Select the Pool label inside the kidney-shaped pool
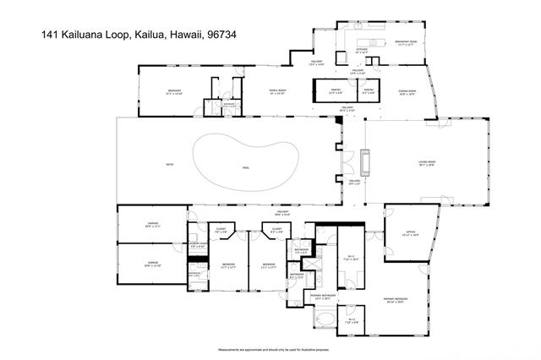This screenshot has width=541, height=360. point(246,168)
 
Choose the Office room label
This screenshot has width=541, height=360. point(410,234)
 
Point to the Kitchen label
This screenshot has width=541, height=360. point(362,50)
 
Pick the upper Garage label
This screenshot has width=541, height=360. point(152,225)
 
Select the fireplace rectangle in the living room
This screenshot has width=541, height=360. point(365,161)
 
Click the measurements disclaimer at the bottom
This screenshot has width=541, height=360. point(270,349)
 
